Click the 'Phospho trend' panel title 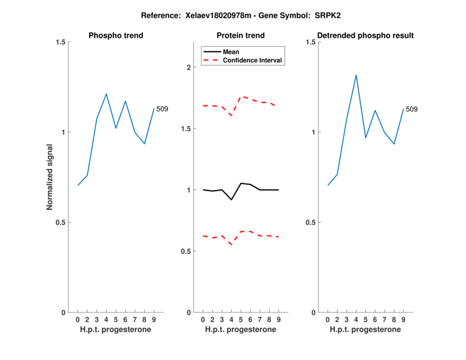pyautogui.click(x=115, y=36)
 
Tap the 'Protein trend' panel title pyautogui.click(x=241, y=36)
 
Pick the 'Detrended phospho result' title pyautogui.click(x=365, y=36)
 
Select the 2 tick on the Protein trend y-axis pyautogui.click(x=188, y=67)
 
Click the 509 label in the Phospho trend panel pyautogui.click(x=163, y=109)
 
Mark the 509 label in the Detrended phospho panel pyautogui.click(x=412, y=109)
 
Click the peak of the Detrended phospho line pyautogui.click(x=356, y=75)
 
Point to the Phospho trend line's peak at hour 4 pyautogui.click(x=106, y=94)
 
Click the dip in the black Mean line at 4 pyautogui.click(x=231, y=200)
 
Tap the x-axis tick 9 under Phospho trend pyautogui.click(x=154, y=320)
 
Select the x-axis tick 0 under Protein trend pyautogui.click(x=203, y=320)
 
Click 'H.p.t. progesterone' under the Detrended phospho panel pyautogui.click(x=365, y=330)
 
